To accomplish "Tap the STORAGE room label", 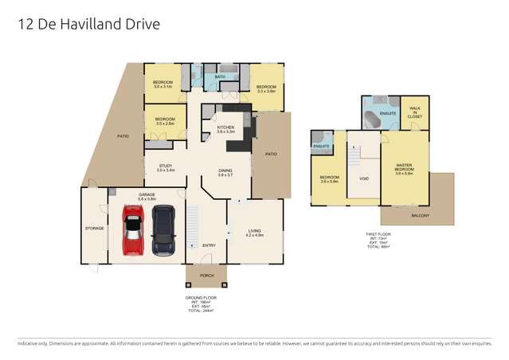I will click(95, 228).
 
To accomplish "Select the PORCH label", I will click(206, 276).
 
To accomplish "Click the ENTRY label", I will click(209, 245).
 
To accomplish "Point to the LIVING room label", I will click(254, 232).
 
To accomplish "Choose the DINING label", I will click(226, 171).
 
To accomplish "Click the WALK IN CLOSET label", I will click(414, 112).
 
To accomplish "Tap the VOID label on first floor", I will click(364, 178).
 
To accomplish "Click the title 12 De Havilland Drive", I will click(88, 25).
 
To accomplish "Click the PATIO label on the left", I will click(123, 136).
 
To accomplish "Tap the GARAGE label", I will click(147, 194).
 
